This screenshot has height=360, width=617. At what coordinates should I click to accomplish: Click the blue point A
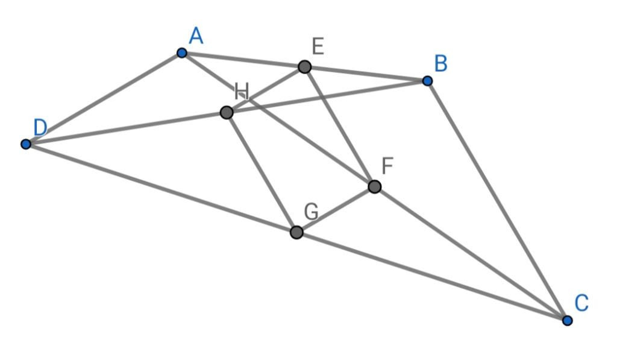(182, 53)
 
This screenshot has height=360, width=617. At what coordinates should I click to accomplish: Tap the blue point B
(427, 81)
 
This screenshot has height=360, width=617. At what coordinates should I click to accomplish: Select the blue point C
(567, 320)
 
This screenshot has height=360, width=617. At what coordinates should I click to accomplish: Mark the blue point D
(26, 144)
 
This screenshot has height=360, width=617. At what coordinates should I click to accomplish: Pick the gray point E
(305, 66)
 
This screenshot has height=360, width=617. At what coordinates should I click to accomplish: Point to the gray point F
(374, 186)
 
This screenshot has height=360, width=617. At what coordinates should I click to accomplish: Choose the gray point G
(296, 232)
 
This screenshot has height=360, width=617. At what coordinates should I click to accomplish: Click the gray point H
(227, 112)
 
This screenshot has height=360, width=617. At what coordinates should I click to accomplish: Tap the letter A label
(196, 37)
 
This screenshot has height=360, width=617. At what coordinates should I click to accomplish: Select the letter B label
(441, 63)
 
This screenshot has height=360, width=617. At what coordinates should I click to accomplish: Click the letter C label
(581, 303)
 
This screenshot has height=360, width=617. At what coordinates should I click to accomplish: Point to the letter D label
(40, 127)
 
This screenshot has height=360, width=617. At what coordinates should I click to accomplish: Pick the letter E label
(318, 46)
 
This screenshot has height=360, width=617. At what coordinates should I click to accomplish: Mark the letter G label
(311, 212)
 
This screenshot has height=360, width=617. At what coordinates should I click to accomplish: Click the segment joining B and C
(497, 200)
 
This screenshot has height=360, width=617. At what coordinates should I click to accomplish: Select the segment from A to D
(104, 99)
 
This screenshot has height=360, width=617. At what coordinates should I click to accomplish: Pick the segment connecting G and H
(262, 172)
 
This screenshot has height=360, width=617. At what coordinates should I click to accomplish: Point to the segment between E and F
(339, 126)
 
